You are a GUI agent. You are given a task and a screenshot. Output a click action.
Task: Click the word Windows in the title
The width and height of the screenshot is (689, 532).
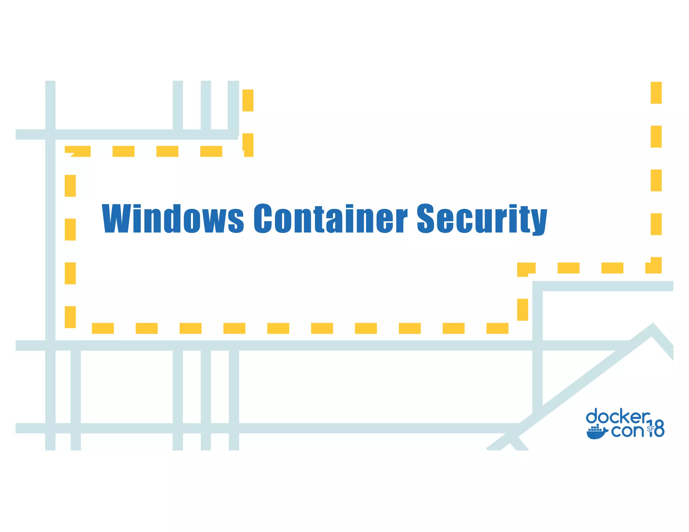point(173,219)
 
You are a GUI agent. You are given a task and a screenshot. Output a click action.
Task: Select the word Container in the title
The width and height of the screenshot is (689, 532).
point(330,219)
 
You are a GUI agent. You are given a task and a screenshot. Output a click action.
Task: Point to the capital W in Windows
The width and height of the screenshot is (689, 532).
point(116,219)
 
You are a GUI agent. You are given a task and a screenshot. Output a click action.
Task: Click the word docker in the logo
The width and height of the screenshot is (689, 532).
point(618,417)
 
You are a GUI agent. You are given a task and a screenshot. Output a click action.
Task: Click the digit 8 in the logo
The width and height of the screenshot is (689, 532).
point(659,429)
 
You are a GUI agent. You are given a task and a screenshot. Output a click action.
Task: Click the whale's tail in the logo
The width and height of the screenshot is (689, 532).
point(606,430)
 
